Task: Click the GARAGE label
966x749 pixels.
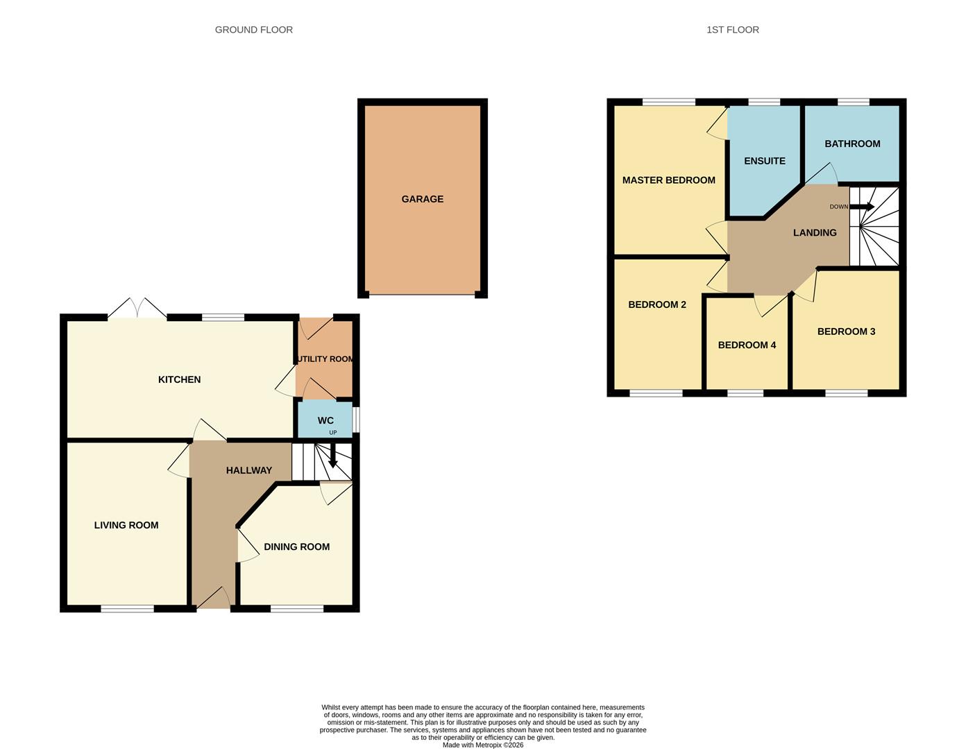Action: click(422, 199)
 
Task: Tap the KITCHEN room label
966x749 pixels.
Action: click(179, 379)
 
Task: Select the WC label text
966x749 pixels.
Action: click(325, 420)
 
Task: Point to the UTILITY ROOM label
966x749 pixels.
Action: click(325, 359)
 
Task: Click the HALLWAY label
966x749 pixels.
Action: click(248, 470)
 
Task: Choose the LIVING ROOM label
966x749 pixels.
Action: click(126, 525)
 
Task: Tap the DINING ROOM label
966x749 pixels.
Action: click(296, 546)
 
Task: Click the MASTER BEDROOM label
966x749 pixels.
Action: click(668, 180)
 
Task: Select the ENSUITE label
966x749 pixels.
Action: click(764, 161)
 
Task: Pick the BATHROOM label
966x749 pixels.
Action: click(852, 144)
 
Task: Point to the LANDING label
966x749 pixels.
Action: click(815, 233)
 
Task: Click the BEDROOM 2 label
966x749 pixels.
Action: click(656, 304)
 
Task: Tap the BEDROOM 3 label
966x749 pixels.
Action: click(846, 332)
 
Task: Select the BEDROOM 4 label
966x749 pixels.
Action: click(747, 345)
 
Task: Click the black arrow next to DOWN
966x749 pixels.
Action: click(863, 207)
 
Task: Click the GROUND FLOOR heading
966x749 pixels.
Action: click(253, 30)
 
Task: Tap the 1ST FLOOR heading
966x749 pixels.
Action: click(732, 30)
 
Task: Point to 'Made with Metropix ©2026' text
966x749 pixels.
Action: click(483, 745)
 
